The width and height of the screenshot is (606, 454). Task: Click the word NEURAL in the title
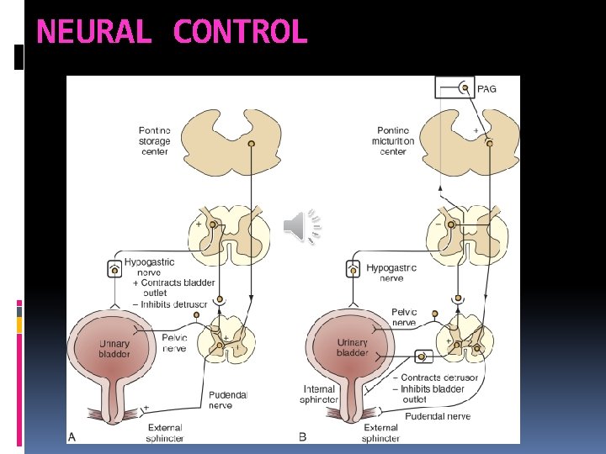[x=94, y=32]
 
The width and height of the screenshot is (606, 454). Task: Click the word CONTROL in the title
[x=241, y=32]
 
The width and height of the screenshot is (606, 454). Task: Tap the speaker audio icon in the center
[x=301, y=227]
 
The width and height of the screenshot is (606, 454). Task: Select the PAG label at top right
[x=486, y=88]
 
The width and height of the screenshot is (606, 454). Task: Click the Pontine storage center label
[x=154, y=140]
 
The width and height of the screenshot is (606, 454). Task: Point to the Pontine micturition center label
[x=394, y=140]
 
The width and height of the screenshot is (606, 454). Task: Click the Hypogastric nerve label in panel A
[x=150, y=267]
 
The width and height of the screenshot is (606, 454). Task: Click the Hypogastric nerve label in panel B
[x=391, y=272]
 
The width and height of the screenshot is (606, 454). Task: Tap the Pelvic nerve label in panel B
[x=404, y=317]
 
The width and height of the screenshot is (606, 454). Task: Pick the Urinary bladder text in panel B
[x=352, y=347]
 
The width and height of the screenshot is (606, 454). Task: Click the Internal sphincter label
[x=321, y=394]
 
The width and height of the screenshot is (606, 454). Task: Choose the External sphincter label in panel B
[x=381, y=432]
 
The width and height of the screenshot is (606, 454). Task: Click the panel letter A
[x=72, y=436]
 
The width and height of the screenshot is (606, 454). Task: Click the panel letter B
[x=303, y=436]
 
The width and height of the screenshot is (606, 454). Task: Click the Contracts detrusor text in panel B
[x=439, y=378]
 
